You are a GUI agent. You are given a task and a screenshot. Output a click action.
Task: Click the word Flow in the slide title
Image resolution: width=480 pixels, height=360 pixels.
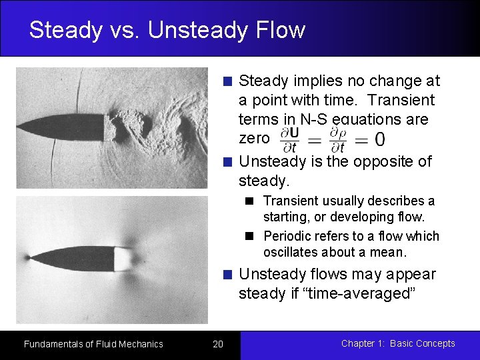click(x=281, y=30)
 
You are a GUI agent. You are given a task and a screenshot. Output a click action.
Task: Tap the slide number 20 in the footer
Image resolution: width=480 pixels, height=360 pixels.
click(x=218, y=344)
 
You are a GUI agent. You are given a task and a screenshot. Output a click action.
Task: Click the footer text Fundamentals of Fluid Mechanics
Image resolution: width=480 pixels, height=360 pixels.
click(x=93, y=344)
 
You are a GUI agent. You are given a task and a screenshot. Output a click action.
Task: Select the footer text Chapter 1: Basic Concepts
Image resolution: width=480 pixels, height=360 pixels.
click(x=398, y=343)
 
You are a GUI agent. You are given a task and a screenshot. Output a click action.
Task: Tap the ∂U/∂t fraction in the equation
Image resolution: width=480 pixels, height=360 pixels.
click(x=289, y=138)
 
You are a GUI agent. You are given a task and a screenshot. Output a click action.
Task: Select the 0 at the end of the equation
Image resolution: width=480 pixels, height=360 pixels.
click(x=379, y=139)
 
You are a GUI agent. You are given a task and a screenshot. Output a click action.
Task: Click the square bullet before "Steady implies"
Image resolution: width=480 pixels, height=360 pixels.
click(x=228, y=81)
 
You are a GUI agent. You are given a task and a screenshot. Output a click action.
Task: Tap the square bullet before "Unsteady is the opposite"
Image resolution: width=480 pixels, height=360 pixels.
click(x=228, y=162)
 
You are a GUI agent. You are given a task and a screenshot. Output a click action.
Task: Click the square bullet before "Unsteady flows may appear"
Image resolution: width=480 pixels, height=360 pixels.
click(x=228, y=275)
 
